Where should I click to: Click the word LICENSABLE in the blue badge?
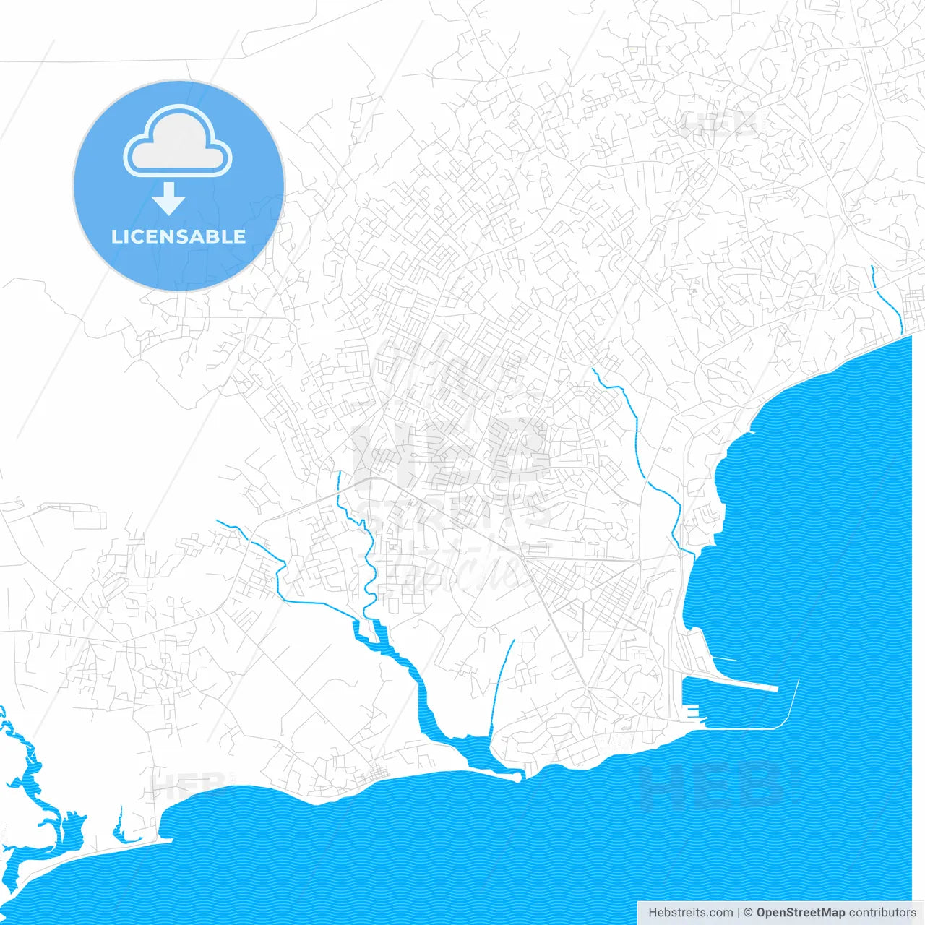click(178, 236)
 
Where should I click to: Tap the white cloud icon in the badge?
click(178, 142)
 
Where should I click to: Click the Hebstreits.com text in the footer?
click(690, 913)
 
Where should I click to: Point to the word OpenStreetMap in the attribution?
click(800, 913)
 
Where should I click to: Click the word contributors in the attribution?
click(882, 913)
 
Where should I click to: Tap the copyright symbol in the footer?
click(749, 913)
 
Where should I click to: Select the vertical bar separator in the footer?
click(739, 913)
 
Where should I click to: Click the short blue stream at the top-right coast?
click(887, 300)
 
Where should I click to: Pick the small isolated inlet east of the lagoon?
click(119, 827)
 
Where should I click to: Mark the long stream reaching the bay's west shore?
click(640, 448)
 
